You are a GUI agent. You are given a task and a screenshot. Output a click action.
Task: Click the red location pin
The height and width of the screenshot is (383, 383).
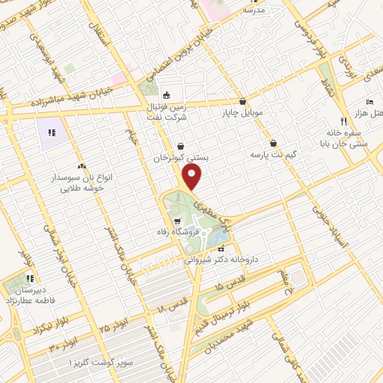click(193, 178)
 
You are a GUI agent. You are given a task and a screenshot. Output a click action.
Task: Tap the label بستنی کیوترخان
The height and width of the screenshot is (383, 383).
click(180, 159)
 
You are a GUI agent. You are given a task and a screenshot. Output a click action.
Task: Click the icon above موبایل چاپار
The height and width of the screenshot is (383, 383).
click(243, 102)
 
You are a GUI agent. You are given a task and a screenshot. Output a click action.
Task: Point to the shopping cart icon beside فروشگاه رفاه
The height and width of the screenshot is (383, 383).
click(177, 221)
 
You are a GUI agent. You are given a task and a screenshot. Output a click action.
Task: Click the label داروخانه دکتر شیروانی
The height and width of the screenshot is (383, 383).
click(221, 259)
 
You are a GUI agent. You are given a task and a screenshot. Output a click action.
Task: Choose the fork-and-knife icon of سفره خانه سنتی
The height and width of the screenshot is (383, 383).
click(343, 120)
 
